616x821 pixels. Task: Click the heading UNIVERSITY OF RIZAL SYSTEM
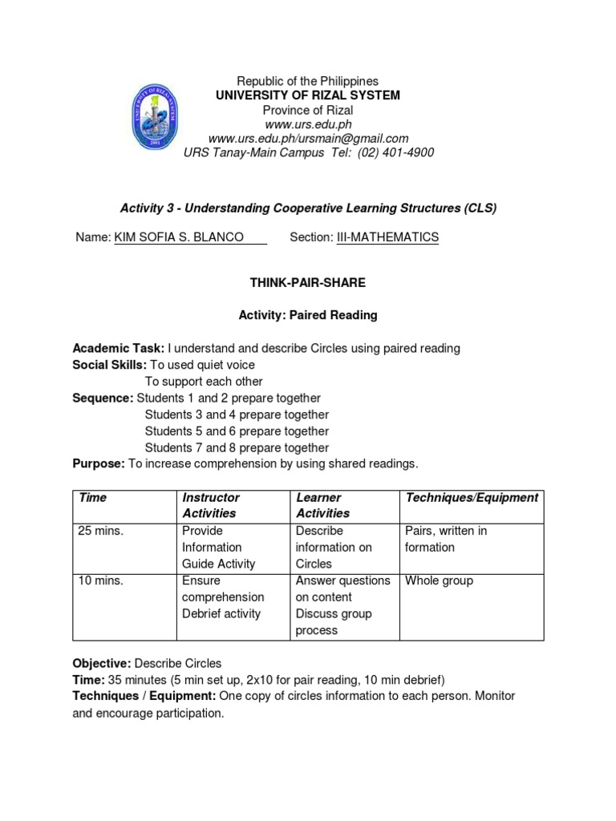(x=308, y=95)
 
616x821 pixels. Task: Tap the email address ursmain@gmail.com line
(x=308, y=139)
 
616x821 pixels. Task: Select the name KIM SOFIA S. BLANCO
(x=180, y=237)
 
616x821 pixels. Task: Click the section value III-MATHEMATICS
(x=387, y=237)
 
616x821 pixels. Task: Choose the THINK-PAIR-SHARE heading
(x=308, y=284)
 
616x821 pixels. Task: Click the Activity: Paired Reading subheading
(x=308, y=315)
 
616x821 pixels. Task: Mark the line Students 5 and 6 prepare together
(x=237, y=431)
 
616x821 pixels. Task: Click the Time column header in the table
(x=93, y=497)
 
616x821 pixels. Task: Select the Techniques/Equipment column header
(x=472, y=497)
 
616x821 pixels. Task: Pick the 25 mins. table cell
(x=101, y=531)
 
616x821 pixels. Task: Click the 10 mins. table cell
(x=101, y=580)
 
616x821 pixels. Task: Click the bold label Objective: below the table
(x=102, y=663)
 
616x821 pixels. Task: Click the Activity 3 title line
(x=308, y=208)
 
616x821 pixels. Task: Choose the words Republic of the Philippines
(x=308, y=81)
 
